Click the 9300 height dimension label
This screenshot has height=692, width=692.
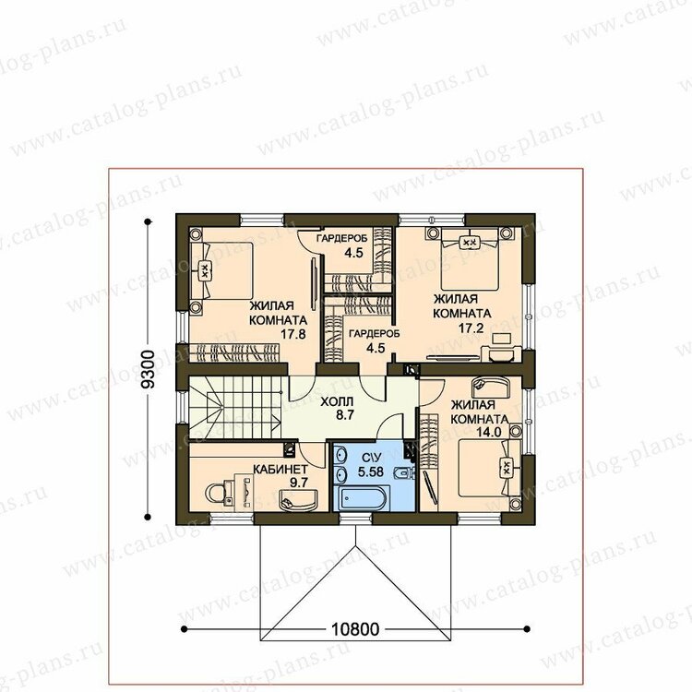click(x=149, y=369)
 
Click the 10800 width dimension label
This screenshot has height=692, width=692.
click(x=355, y=629)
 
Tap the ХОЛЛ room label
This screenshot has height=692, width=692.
click(x=337, y=402)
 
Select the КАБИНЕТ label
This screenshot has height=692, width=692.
click(x=280, y=469)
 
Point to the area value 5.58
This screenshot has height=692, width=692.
click(x=371, y=471)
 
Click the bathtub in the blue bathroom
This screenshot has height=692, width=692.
click(x=360, y=498)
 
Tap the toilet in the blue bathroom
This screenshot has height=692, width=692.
click(x=403, y=473)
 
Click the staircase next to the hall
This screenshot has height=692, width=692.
click(x=235, y=407)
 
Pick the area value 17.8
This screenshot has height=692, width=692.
click(x=293, y=334)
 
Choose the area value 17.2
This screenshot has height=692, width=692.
click(x=471, y=328)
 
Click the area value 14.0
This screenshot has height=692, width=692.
click(x=488, y=432)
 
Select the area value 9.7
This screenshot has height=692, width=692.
click(x=299, y=483)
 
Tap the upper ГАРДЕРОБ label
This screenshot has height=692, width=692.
click(x=342, y=238)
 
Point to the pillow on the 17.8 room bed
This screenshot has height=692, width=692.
click(x=205, y=270)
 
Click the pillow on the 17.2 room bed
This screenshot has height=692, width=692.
click(x=470, y=242)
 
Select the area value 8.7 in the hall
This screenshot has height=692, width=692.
click(x=345, y=415)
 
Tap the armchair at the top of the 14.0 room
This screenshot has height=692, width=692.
click(x=490, y=387)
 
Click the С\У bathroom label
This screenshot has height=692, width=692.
click(x=370, y=458)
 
